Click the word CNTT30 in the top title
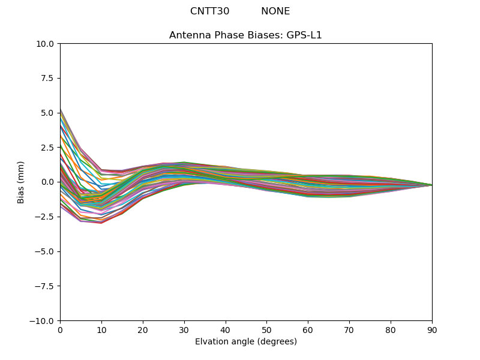coord(209,11)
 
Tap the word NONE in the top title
coord(275,11)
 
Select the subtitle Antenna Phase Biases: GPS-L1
coord(245,35)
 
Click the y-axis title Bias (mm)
coord(21,182)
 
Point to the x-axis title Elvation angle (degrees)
coord(245,342)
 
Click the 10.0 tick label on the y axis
coord(46,44)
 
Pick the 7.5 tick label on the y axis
coord(48,78)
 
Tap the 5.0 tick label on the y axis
coord(48,113)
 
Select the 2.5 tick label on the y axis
coord(48,148)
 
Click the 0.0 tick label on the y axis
coord(48,182)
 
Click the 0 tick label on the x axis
coord(60,329)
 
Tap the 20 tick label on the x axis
coord(143,329)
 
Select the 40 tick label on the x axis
coord(225,329)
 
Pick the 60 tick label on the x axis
coord(308,329)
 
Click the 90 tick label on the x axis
coord(431,329)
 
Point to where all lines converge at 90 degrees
coord(431,185)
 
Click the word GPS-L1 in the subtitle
coord(308,35)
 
